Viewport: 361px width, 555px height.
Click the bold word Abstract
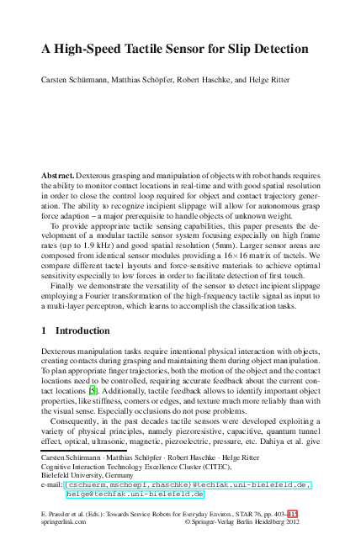tap(57, 175)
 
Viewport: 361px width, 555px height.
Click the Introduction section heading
tap(87, 331)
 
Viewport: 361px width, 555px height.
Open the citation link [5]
tap(93, 391)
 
